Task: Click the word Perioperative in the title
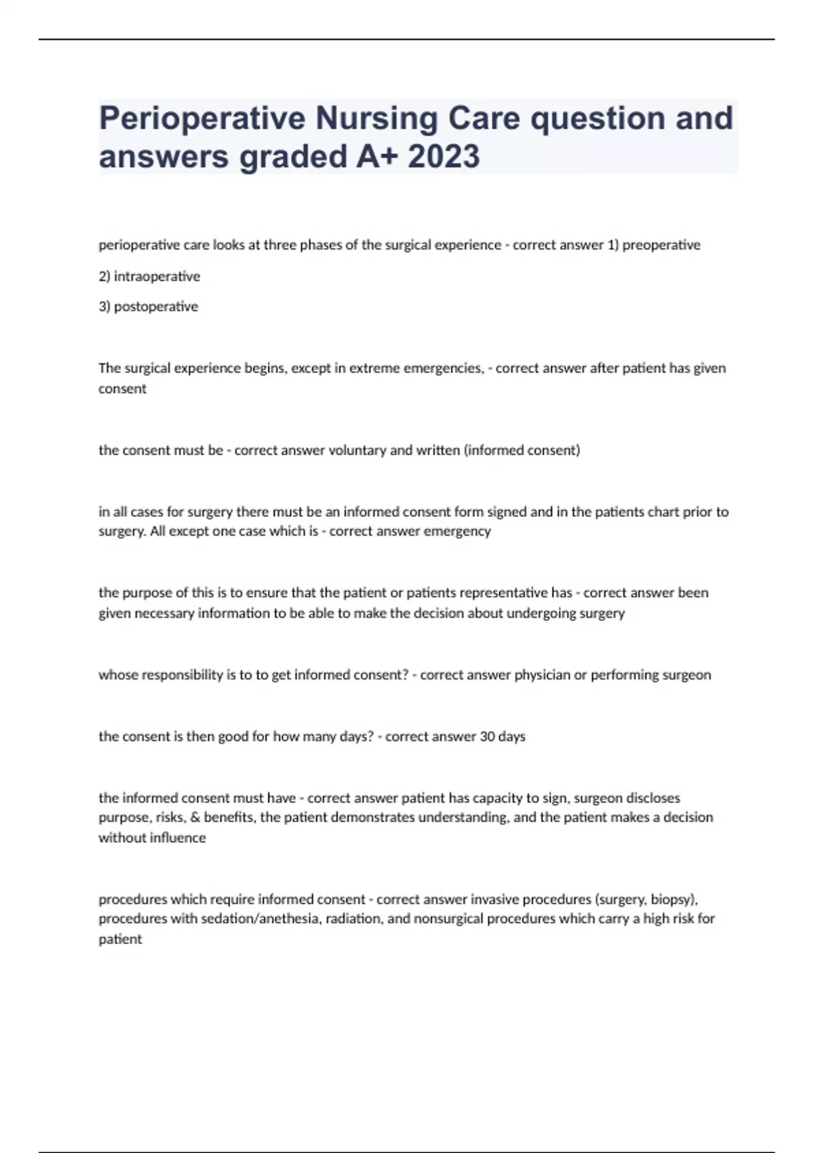[x=201, y=119]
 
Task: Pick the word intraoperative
[x=157, y=276]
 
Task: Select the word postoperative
[x=156, y=307]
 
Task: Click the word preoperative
[x=661, y=245]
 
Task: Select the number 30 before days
[x=487, y=737]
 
